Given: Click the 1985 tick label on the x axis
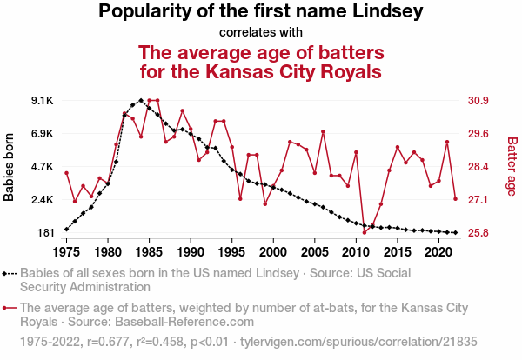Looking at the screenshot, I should click(x=149, y=251).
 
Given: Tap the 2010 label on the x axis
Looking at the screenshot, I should click(x=356, y=251).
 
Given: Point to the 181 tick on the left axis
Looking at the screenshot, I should click(x=44, y=233).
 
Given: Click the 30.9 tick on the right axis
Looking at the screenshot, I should click(x=480, y=101).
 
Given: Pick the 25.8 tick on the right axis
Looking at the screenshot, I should click(x=480, y=233).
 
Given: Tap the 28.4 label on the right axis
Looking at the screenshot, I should click(x=480, y=167).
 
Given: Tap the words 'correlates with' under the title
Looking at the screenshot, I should click(x=261, y=33).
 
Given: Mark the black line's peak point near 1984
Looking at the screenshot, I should click(x=141, y=100).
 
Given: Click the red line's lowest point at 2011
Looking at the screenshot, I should click(x=365, y=233).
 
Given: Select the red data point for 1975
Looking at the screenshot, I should click(x=66, y=173).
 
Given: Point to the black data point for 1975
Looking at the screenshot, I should click(x=66, y=230).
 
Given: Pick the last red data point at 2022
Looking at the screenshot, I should click(x=456, y=199).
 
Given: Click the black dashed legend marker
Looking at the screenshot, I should click(x=10, y=273).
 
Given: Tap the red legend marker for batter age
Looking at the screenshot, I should click(x=10, y=307).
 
